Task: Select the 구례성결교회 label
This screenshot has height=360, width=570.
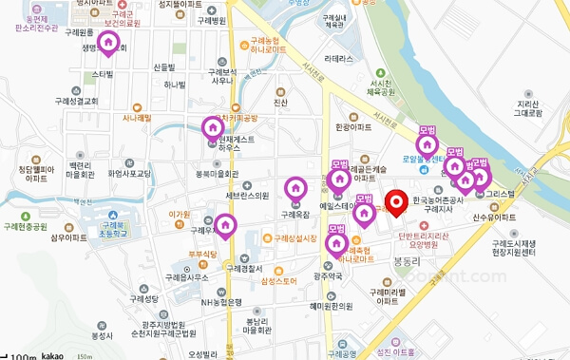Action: click(x=76, y=101)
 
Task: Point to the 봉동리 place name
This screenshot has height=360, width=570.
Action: click(x=407, y=260)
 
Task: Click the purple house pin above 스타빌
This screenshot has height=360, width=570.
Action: click(x=110, y=42)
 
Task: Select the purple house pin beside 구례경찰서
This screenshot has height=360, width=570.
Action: click(x=225, y=226)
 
